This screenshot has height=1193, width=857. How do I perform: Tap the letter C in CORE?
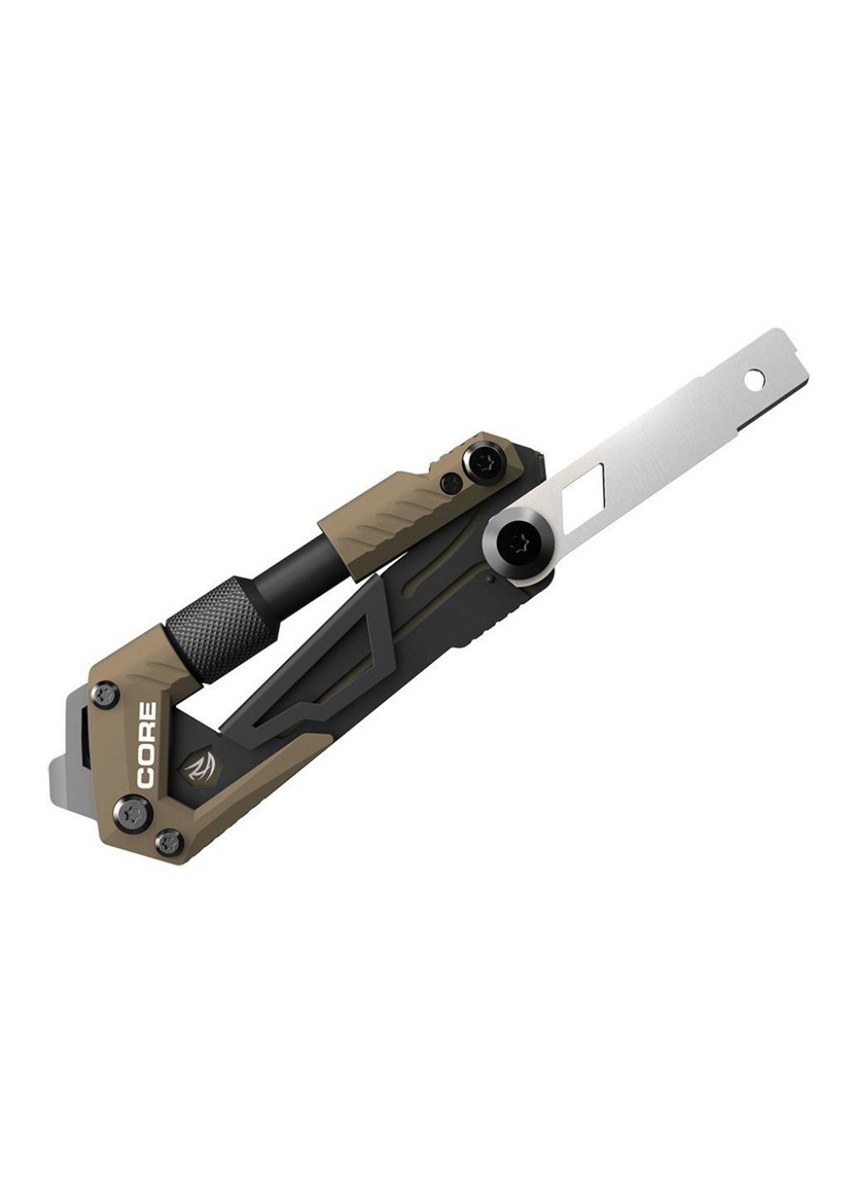click(147, 778)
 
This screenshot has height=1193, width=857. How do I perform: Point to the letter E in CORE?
click(147, 713)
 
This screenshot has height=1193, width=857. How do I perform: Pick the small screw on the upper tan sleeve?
click(450, 482)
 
